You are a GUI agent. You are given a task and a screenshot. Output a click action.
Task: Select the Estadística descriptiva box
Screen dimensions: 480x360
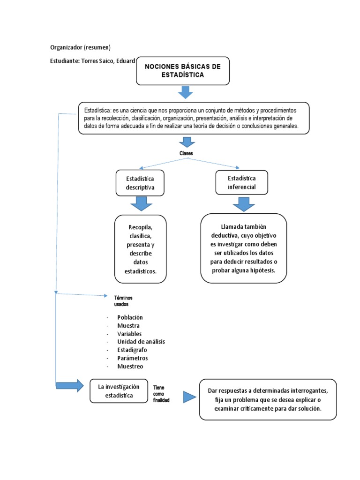click(x=140, y=183)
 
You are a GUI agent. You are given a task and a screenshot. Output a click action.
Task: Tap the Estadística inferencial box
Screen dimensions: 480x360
click(x=241, y=182)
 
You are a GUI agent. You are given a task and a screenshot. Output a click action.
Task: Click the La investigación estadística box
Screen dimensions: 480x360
click(x=119, y=391)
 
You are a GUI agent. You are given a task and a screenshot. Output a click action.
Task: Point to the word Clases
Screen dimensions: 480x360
click(x=186, y=153)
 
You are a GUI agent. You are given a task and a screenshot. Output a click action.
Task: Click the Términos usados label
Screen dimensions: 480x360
click(x=120, y=301)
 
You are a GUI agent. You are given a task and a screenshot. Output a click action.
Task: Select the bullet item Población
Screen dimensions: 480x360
click(x=130, y=317)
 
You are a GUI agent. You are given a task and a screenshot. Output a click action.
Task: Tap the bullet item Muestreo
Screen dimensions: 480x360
click(x=130, y=366)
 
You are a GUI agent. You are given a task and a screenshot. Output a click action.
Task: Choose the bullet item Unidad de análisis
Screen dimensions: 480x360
click(x=141, y=342)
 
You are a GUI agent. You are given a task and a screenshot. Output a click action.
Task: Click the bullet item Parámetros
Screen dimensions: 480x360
click(x=133, y=358)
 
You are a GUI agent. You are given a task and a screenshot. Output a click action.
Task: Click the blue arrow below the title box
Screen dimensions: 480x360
click(x=186, y=92)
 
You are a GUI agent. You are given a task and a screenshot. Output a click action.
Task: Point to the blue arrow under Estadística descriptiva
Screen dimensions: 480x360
click(x=141, y=204)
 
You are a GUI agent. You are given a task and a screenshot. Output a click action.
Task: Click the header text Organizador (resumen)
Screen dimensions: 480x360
click(x=80, y=47)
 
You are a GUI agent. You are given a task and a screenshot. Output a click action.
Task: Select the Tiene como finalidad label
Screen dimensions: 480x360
click(x=161, y=394)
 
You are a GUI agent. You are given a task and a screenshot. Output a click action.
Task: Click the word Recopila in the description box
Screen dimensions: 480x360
click(x=140, y=227)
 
